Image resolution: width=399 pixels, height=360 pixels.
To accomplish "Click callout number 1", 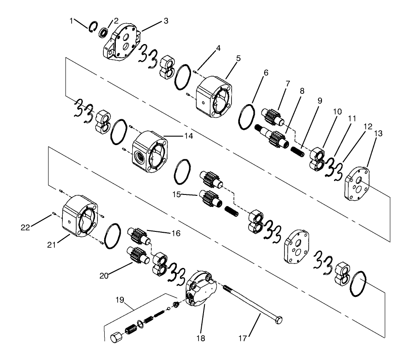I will (71, 20).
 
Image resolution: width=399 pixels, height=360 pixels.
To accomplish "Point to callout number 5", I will (239, 58).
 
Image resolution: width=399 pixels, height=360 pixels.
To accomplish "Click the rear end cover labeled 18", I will (202, 290).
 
